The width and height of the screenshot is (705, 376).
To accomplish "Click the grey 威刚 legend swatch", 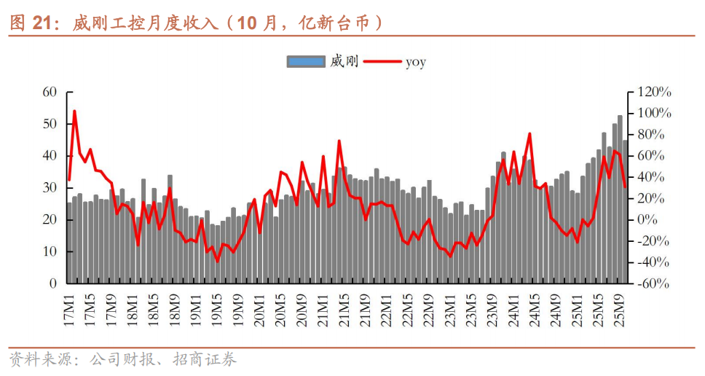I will tap(305, 62).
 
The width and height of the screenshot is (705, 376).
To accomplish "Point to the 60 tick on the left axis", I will tap(50, 92).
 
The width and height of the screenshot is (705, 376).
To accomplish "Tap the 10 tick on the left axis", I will tap(50, 251).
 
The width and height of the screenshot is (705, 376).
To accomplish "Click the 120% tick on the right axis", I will tap(654, 92).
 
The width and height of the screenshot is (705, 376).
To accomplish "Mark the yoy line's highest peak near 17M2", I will tap(74, 111).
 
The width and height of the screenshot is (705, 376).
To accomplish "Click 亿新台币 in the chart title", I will tap(341, 23).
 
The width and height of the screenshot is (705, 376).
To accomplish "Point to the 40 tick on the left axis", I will tap(50, 156).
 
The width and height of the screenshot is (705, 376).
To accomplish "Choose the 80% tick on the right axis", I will tap(651, 134).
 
